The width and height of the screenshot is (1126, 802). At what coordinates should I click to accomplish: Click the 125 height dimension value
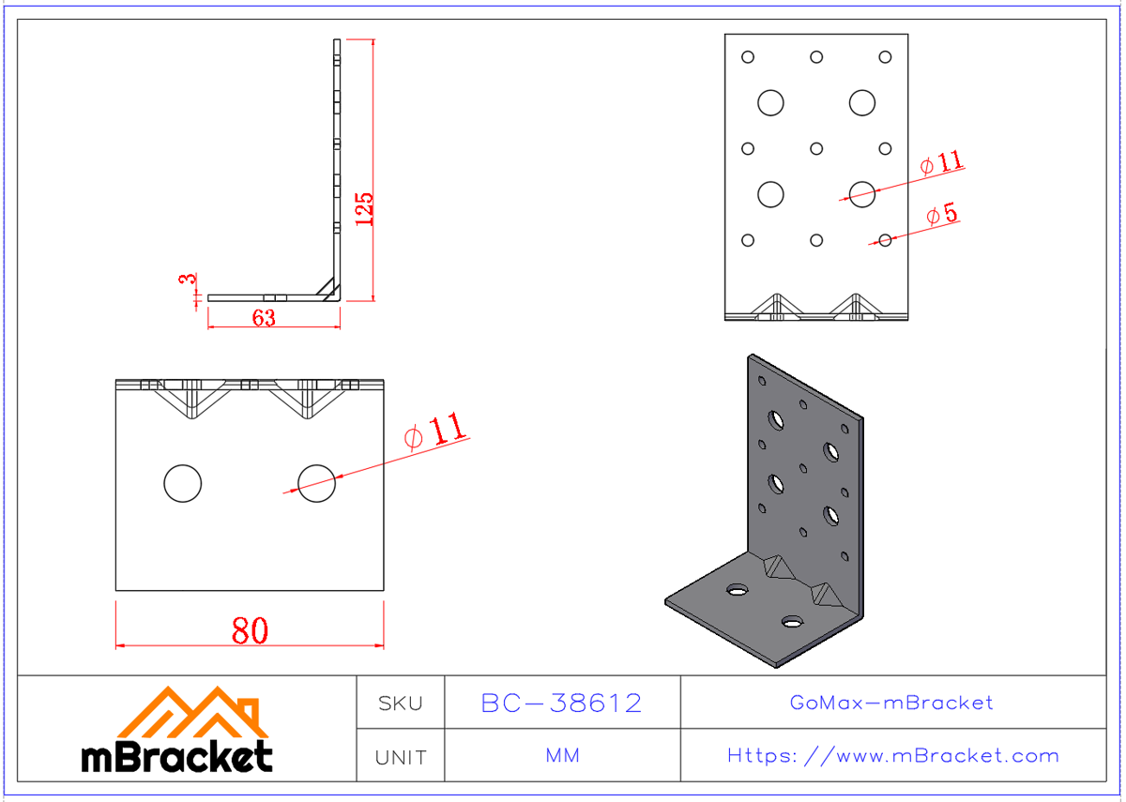(365, 208)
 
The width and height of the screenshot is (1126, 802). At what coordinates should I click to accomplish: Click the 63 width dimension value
(264, 318)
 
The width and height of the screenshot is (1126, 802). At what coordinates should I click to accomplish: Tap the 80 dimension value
(250, 630)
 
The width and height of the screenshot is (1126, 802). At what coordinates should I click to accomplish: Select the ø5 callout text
(941, 215)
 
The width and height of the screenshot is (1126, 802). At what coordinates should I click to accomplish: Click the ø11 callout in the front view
(941, 162)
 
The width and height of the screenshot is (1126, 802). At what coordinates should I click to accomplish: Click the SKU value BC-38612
(561, 703)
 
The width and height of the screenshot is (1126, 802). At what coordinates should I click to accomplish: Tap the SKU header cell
(400, 703)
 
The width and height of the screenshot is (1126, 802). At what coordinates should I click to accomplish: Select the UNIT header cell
(400, 756)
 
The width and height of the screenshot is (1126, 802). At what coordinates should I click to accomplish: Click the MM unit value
(561, 756)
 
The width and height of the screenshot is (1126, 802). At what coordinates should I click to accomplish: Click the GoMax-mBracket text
(891, 703)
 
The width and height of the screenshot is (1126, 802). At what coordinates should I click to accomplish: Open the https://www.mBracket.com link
(892, 756)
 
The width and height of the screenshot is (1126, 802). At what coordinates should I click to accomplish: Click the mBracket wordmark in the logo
(177, 756)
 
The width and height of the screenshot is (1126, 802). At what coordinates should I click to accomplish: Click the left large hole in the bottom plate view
(182, 483)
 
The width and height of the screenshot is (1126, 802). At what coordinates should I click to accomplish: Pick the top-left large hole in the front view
(770, 102)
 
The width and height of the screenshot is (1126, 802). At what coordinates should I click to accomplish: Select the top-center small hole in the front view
(816, 57)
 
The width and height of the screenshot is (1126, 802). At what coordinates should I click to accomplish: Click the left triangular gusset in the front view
(777, 307)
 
